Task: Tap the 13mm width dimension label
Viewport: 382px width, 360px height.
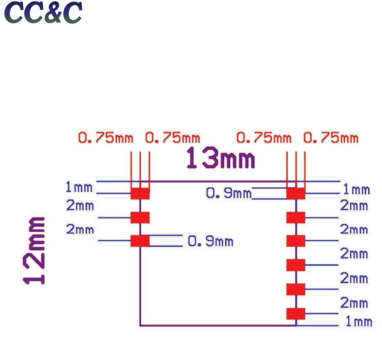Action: coord(220,158)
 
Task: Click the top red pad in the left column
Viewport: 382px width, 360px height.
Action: coord(140,193)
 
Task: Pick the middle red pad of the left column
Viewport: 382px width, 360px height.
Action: coord(140,217)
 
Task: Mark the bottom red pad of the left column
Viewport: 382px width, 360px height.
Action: coord(140,241)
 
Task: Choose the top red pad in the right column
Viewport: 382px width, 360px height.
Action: coord(296,193)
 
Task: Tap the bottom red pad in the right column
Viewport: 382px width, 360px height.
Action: coord(296,313)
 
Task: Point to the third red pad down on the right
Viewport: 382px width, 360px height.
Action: coord(296,241)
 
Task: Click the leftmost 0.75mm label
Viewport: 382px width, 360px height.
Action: coord(105,138)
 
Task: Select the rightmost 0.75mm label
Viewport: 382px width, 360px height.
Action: coord(331,138)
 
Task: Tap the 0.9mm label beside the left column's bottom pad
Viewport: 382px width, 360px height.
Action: coord(210,241)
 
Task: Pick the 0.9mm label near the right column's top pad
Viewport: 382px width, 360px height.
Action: coord(229,193)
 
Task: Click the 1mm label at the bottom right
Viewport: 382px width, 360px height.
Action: coord(357,322)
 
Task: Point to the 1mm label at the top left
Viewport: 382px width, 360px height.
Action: coord(79,187)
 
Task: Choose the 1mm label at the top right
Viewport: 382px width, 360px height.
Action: coord(356,189)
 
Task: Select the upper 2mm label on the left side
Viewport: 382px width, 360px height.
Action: coord(80,206)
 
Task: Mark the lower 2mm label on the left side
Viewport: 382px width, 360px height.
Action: coord(80,229)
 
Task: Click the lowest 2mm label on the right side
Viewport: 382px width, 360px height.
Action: coord(354,302)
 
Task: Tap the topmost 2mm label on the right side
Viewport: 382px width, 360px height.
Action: coord(354,206)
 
